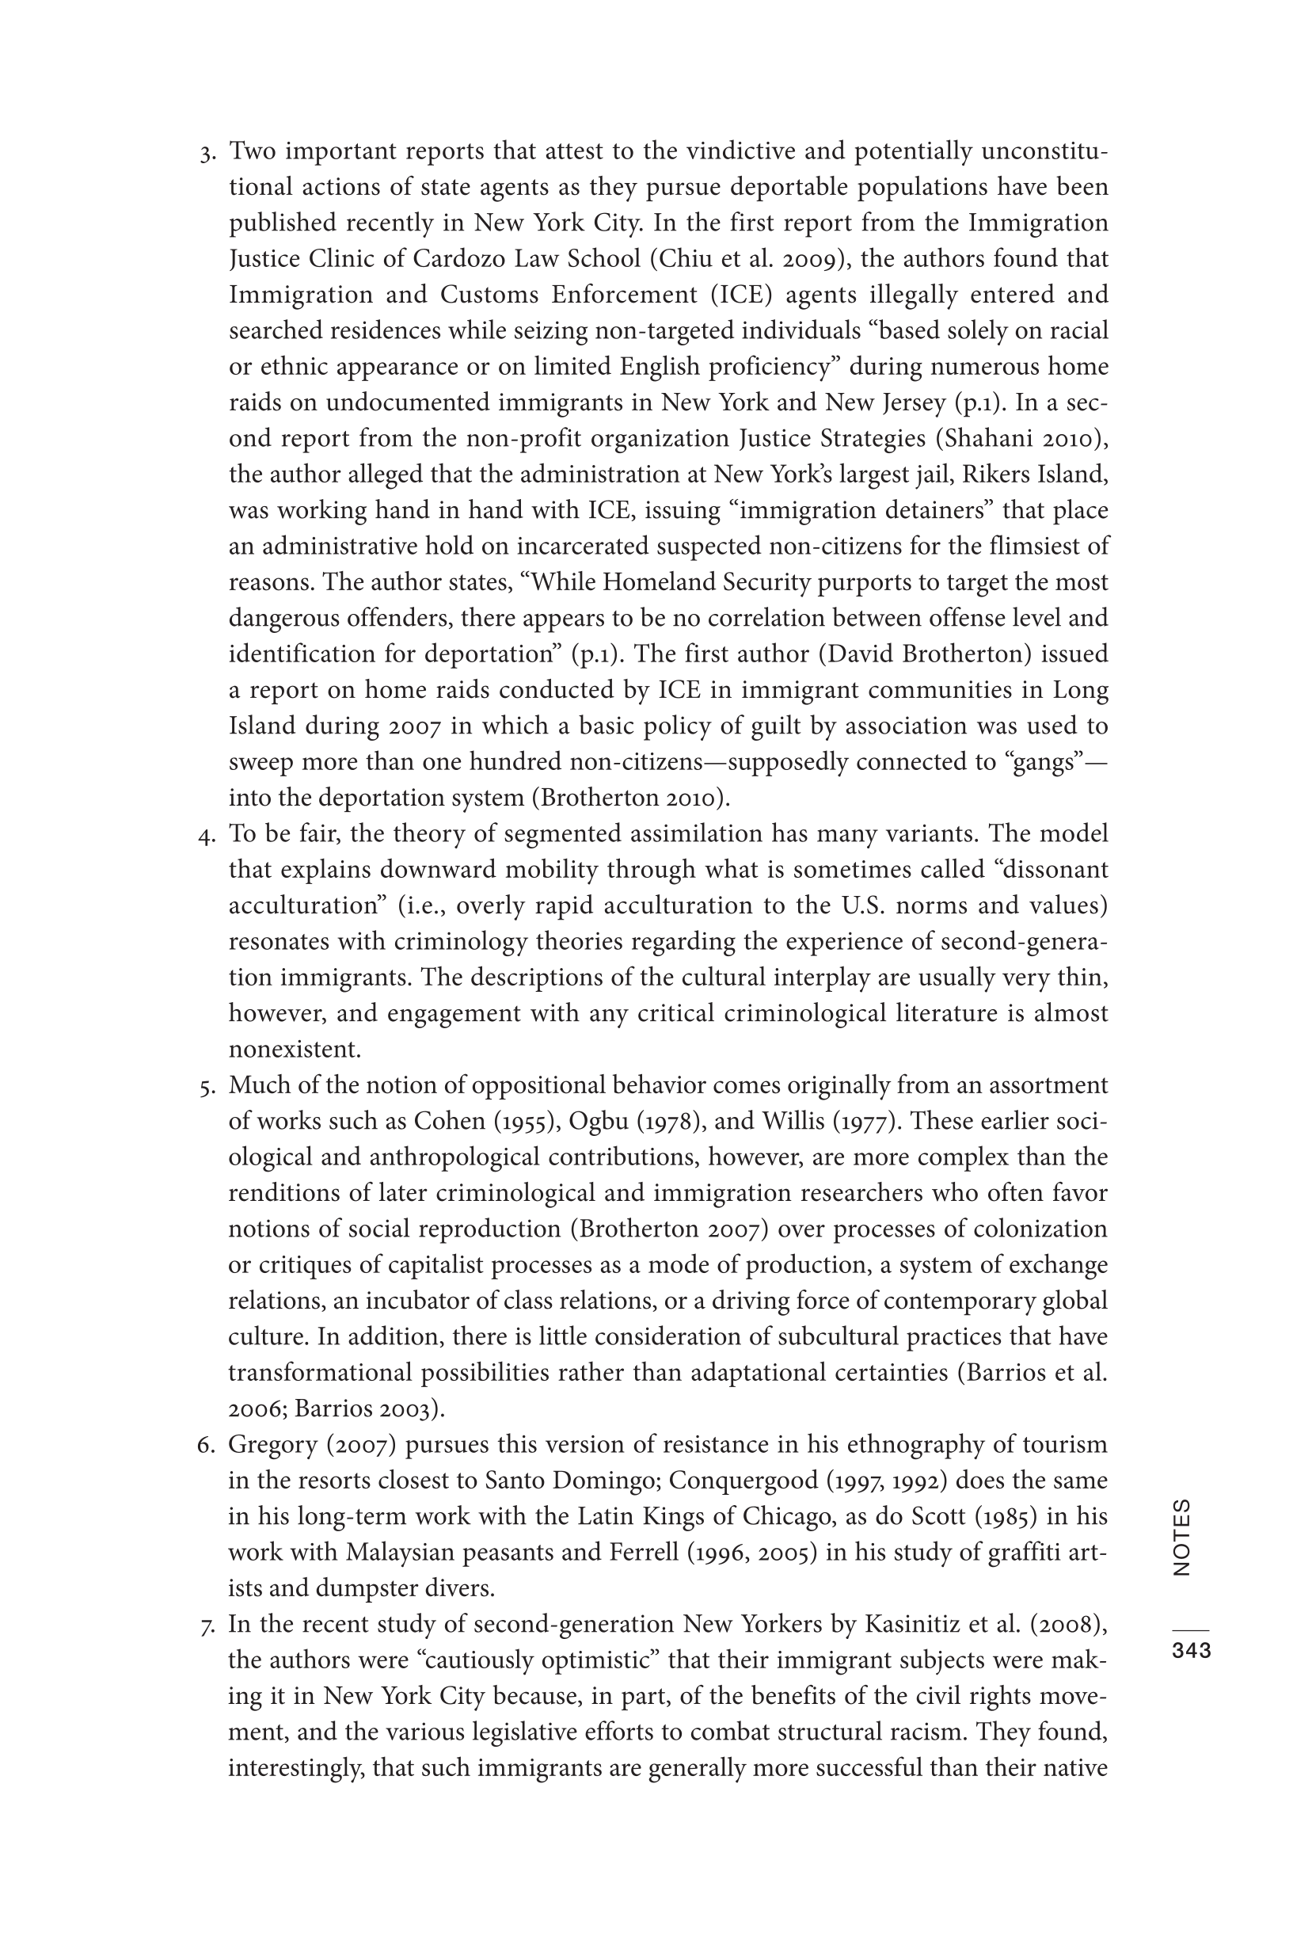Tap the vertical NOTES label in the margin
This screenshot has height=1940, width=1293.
point(1181,1538)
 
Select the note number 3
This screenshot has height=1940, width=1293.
point(206,154)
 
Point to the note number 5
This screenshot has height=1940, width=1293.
point(206,1087)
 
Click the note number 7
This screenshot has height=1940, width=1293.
point(206,1626)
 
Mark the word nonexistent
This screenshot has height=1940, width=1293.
point(295,1050)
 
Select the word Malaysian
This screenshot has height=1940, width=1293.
point(401,1553)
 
